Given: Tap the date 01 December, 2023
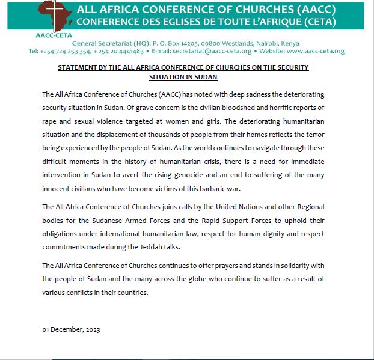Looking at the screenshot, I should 71,330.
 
